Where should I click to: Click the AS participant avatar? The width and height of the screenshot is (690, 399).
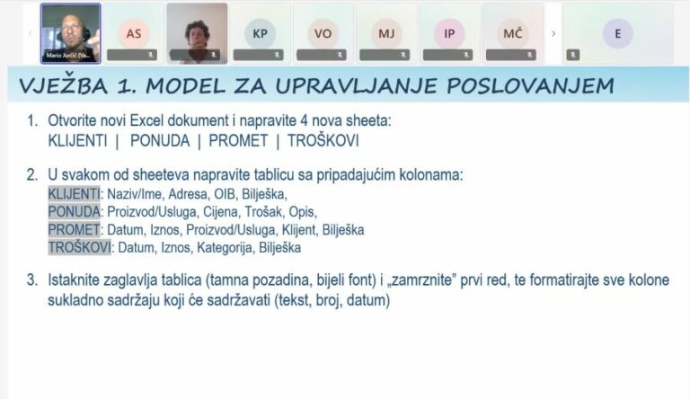(x=134, y=33)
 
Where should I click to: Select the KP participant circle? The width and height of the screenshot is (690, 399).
(x=260, y=33)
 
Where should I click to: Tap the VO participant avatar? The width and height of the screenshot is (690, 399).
(x=322, y=33)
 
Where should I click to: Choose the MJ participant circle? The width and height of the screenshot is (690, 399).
(x=385, y=33)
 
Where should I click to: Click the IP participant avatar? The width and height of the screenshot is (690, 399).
(x=448, y=33)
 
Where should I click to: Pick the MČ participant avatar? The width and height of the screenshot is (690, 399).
(x=513, y=33)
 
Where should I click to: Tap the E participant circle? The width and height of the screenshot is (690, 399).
(x=617, y=33)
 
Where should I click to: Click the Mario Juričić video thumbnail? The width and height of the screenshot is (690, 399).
(x=70, y=33)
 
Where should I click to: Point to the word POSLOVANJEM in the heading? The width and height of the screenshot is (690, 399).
(x=531, y=86)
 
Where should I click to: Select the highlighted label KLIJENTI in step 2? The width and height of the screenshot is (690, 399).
(x=74, y=192)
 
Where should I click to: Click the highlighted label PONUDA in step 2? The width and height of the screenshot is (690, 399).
(x=74, y=211)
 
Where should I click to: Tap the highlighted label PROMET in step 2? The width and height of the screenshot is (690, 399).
(x=74, y=229)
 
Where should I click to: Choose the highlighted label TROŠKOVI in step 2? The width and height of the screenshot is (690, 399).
(x=79, y=247)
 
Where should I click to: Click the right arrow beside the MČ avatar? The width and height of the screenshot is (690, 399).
(x=553, y=33)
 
